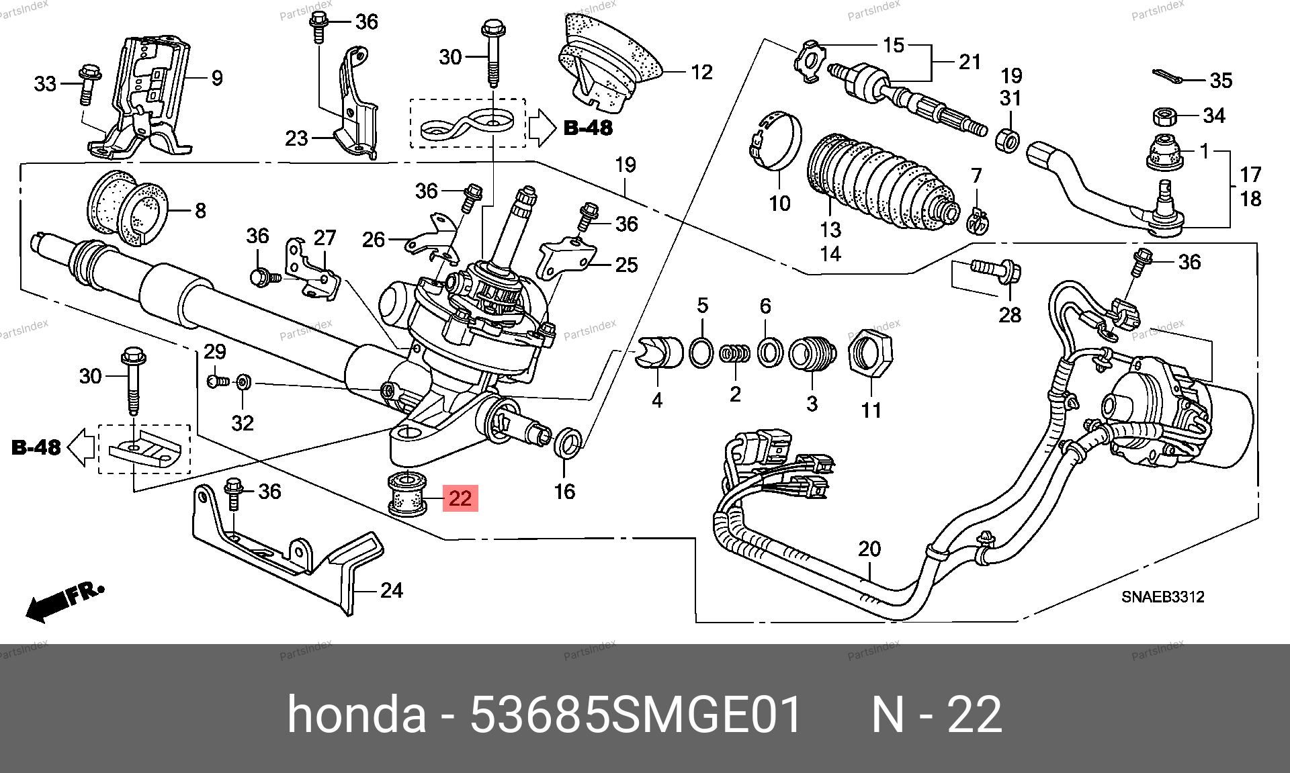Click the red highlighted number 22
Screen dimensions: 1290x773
(460, 498)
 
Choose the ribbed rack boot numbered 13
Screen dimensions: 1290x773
(880, 178)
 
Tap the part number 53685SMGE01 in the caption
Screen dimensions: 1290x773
(636, 715)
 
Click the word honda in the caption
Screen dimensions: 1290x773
(357, 715)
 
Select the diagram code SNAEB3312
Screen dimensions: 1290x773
(1162, 596)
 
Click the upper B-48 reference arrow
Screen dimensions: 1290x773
(541, 128)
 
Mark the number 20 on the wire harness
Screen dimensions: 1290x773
(869, 549)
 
